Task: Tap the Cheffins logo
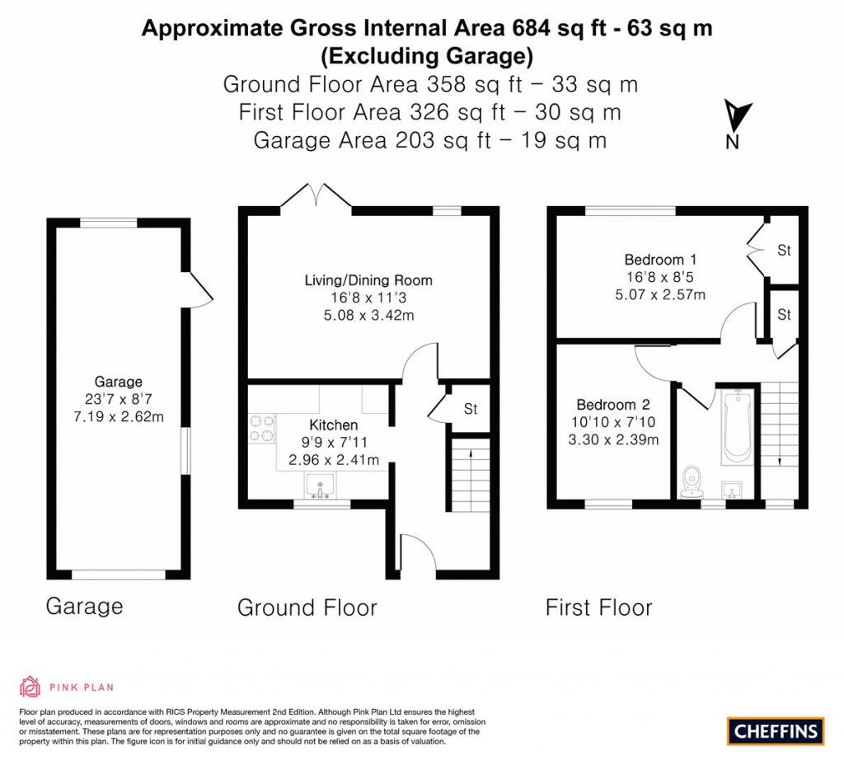(775, 730)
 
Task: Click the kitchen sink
(317, 486)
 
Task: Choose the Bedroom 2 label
(613, 405)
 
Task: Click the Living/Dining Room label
(368, 280)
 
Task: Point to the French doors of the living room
(316, 198)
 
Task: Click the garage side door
(200, 289)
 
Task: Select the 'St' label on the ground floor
(471, 409)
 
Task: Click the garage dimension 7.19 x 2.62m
(119, 417)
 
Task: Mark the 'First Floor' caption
(598, 608)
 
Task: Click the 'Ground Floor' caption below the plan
(307, 608)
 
